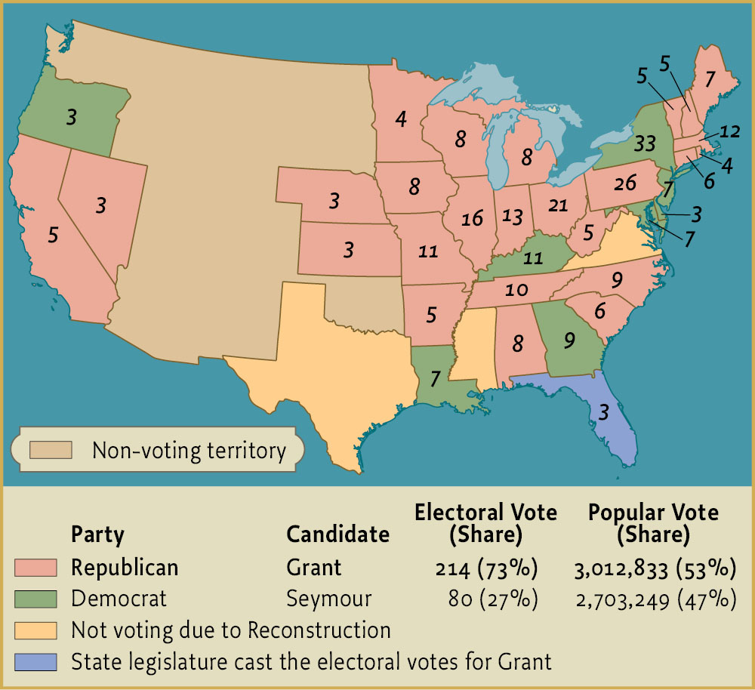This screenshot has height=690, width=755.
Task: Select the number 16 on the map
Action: point(472,219)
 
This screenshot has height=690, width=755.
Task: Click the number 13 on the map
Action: point(512,217)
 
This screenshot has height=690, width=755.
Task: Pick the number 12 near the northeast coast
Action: point(729,131)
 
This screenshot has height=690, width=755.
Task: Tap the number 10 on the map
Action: point(516,290)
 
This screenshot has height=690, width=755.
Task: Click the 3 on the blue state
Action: point(603,411)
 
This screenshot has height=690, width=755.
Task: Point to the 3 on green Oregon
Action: point(71,117)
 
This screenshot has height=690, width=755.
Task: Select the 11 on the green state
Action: point(533,258)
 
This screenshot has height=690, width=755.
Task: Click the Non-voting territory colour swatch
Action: point(51,451)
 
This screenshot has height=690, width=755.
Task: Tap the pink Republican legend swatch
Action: point(35,567)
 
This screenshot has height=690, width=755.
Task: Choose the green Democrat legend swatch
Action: point(35,599)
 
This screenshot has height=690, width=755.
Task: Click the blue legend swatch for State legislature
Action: point(35,662)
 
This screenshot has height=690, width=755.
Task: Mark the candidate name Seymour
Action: point(329,599)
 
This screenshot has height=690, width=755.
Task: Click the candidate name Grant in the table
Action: point(314,567)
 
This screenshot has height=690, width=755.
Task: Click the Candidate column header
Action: point(337,534)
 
